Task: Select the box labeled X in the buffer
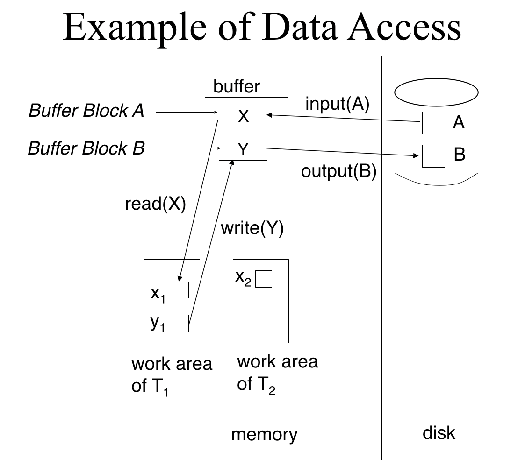(244, 115)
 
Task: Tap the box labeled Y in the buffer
(243, 149)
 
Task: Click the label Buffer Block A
(86, 111)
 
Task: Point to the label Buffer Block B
(86, 148)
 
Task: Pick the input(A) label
(337, 104)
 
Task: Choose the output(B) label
(339, 171)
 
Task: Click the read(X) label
(156, 204)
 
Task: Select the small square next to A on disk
(433, 123)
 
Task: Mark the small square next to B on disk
(433, 155)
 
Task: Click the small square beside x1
(180, 289)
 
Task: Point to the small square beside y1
(180, 323)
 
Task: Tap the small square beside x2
(264, 279)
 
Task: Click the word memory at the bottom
(264, 435)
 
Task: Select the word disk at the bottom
(439, 433)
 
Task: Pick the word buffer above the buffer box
(237, 86)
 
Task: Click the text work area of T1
(172, 375)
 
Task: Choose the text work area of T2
(277, 373)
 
